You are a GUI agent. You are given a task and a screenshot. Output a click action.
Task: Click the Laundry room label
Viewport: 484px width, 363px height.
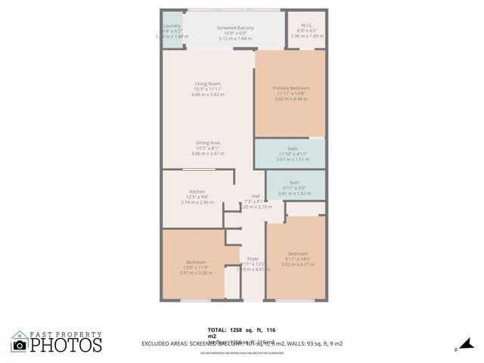coord(172,24)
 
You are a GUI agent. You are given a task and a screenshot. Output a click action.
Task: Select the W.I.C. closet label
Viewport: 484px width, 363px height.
coord(306,24)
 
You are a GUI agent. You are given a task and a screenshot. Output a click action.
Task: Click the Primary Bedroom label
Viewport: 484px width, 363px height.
coord(291,88)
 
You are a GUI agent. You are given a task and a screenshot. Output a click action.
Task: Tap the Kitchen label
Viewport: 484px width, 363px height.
coord(197,191)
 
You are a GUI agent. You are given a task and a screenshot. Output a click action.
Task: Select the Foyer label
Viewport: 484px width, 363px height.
coord(253,259)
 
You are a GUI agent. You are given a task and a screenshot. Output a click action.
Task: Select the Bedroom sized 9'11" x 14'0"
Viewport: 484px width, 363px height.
coord(297,253)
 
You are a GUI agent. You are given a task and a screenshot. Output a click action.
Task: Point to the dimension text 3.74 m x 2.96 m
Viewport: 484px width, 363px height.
coord(197,203)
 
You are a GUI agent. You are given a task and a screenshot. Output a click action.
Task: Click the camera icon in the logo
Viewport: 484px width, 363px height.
coord(20,345)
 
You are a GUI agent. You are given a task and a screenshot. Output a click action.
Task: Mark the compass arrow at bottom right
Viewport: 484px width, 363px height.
coord(459,347)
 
